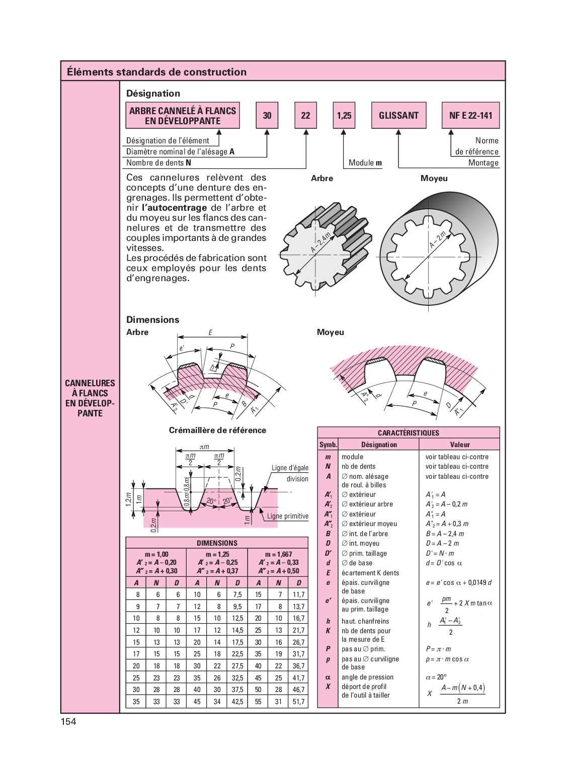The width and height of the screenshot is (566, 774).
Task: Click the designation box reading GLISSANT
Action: coord(398,115)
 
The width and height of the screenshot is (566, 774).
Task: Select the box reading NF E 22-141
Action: coord(470,115)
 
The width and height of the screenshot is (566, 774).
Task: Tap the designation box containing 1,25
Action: coord(344,115)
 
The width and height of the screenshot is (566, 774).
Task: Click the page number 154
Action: coord(68,721)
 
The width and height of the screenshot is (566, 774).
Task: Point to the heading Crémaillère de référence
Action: coord(217,430)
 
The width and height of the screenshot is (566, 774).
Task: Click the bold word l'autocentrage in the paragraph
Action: coord(174,208)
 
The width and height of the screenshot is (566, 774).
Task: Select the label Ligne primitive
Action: coord(287,516)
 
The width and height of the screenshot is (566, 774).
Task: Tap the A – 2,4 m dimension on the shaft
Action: coord(320,243)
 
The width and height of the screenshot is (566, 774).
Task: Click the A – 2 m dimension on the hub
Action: coord(437,240)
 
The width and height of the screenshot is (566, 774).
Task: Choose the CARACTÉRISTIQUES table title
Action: coord(409,433)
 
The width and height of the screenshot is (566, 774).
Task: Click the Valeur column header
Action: coord(460,445)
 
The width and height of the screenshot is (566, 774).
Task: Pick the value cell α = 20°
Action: coord(436,677)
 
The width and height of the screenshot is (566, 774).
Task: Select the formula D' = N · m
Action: coord(440,553)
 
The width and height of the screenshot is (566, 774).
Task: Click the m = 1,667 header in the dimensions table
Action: coord(278,554)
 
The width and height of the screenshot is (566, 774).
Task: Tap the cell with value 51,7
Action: coord(298,702)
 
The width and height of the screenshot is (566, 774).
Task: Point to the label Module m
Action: coord(365,162)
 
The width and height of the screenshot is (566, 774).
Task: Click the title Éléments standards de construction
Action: coord(156,72)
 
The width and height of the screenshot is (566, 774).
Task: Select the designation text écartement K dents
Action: coord(370,573)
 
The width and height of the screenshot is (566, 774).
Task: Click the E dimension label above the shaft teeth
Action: coord(210,332)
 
